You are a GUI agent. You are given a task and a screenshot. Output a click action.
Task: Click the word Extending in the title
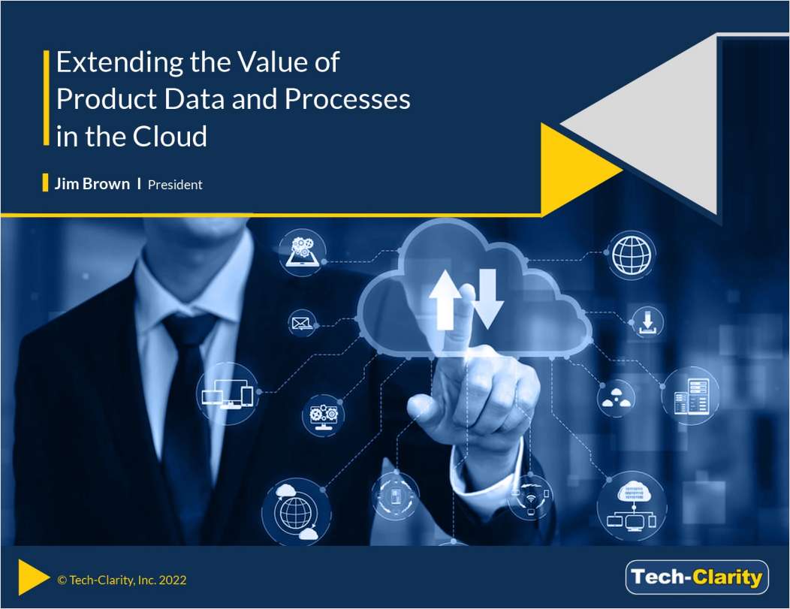coord(108,63)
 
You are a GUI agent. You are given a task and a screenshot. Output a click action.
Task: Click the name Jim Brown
coord(92,184)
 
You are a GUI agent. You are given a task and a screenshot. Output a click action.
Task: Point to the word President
coord(175,185)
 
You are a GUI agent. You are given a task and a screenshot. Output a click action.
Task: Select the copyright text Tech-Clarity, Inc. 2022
coord(122,580)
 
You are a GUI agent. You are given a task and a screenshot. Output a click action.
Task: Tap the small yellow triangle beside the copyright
coord(31,575)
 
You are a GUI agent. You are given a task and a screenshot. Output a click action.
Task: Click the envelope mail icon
coord(301,324)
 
